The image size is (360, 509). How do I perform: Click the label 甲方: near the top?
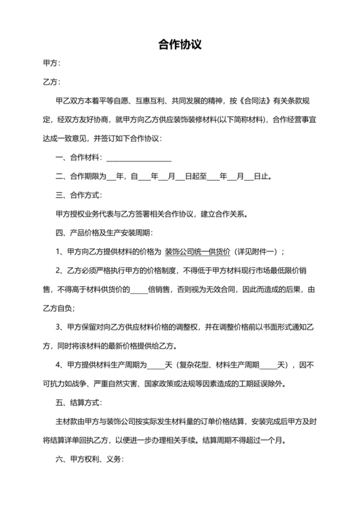click(51, 64)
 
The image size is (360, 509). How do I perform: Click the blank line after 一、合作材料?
click(139, 157)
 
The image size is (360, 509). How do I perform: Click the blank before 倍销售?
click(139, 290)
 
